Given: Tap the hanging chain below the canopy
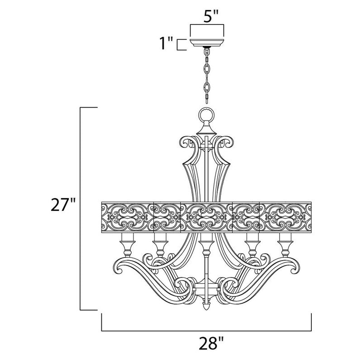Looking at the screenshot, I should [x=206, y=75].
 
